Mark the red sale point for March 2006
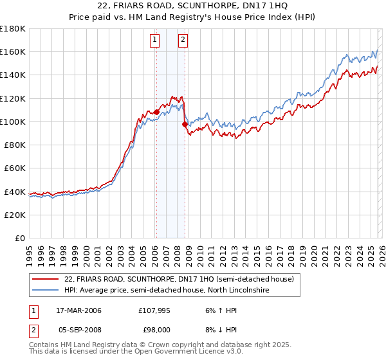(x=156, y=112)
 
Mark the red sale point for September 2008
(x=185, y=123)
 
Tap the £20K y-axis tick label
(x=14, y=215)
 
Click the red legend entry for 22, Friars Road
(x=179, y=279)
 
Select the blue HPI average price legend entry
(x=167, y=291)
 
